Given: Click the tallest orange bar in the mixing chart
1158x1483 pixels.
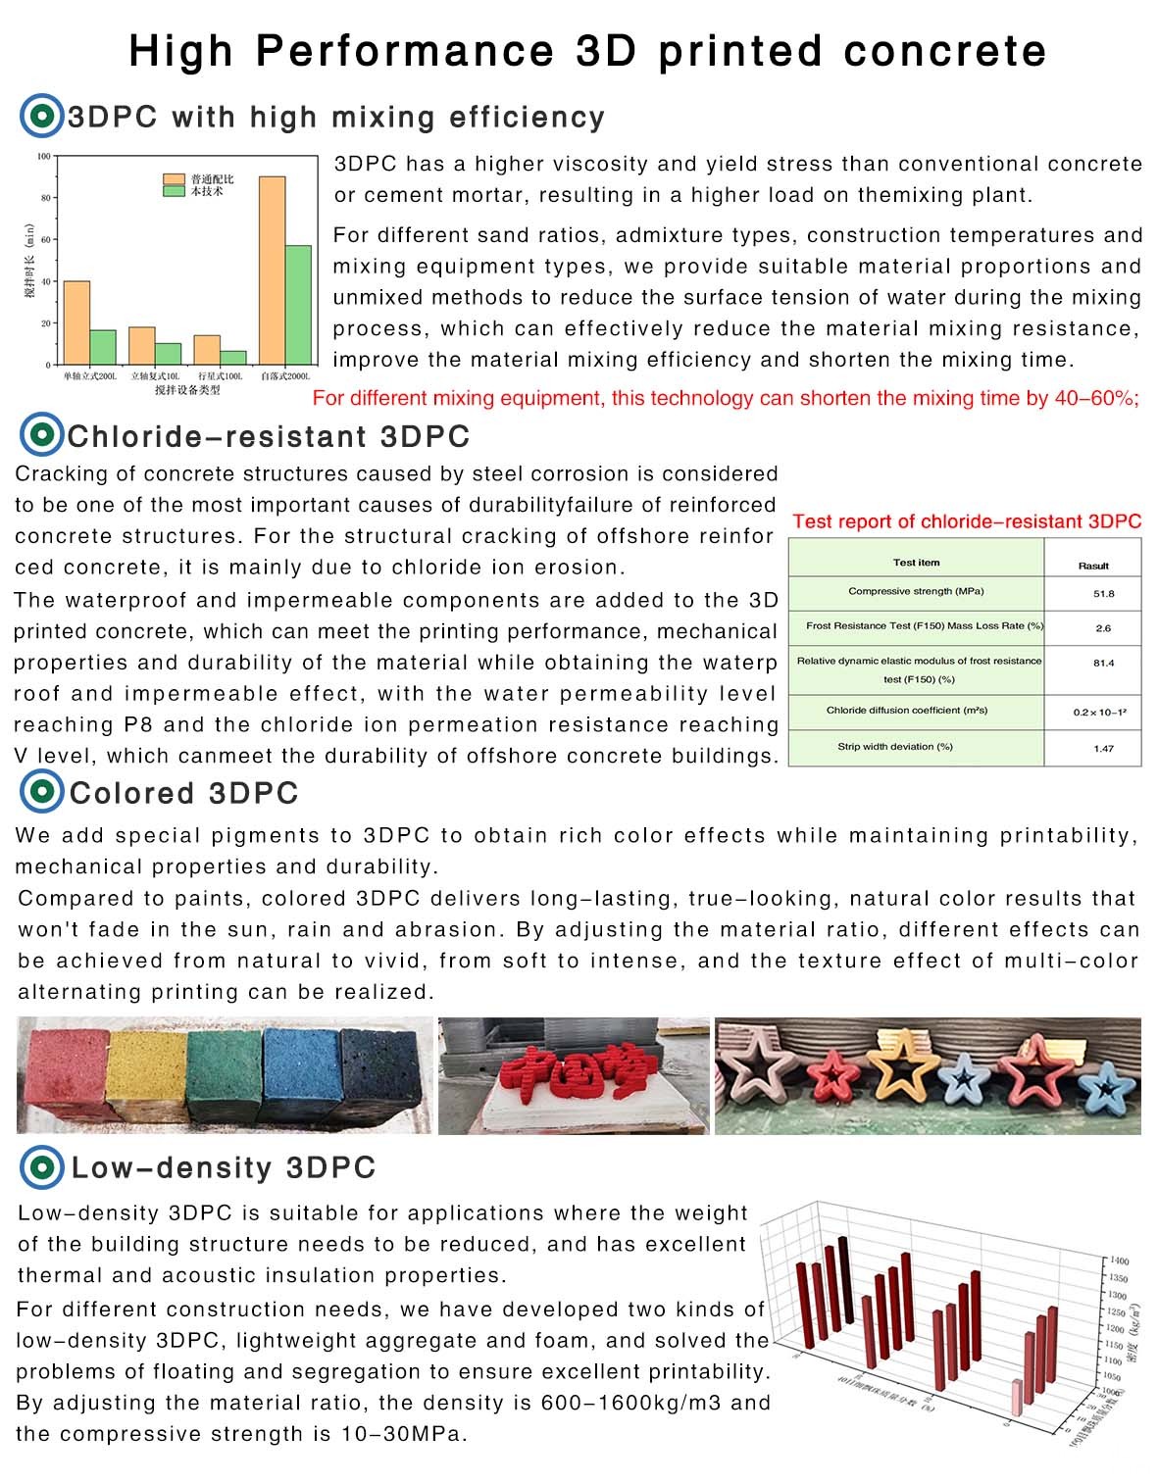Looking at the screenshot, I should [x=272, y=270].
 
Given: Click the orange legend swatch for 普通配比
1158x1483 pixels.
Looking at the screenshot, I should [x=175, y=179].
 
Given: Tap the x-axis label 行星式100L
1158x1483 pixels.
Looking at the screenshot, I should [x=220, y=376].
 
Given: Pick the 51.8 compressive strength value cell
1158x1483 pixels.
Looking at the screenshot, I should [x=1103, y=594].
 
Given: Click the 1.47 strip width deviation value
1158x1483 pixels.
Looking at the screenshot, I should [x=1103, y=749].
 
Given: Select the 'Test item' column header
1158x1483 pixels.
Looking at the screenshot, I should [x=916, y=563].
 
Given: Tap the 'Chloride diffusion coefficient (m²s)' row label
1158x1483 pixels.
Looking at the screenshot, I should [x=907, y=711].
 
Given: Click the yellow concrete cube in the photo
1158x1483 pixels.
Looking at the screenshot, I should [x=147, y=1076].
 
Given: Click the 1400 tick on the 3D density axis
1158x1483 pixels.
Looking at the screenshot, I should [x=1119, y=1261].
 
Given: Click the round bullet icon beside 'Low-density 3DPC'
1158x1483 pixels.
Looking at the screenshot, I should [x=41, y=1167].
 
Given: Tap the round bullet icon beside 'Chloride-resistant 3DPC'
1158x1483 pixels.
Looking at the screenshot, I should [x=40, y=435].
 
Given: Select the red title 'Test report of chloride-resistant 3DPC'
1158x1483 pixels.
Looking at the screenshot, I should [x=967, y=521].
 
